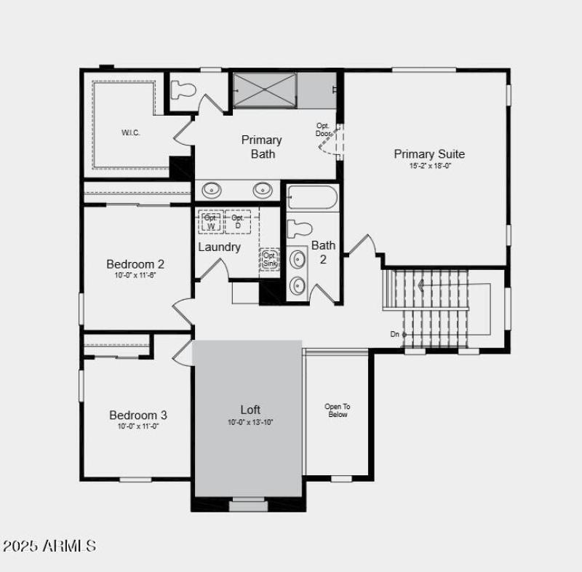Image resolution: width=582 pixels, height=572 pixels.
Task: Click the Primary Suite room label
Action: point(428,154)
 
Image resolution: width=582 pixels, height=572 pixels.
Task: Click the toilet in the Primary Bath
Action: point(183,90)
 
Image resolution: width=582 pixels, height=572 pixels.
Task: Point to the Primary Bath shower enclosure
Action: point(264,90)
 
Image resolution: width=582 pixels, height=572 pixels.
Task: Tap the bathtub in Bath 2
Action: point(312,198)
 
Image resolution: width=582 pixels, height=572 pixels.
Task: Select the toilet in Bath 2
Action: point(299,229)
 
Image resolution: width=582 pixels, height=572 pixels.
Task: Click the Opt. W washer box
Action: point(211,222)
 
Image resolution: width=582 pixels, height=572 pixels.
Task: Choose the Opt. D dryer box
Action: point(238,221)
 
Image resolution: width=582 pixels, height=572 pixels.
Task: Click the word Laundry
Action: point(219,247)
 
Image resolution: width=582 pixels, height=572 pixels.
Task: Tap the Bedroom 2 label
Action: point(135,263)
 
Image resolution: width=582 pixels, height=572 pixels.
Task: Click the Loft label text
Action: point(250,410)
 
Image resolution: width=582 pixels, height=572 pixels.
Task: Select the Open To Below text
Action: point(337,410)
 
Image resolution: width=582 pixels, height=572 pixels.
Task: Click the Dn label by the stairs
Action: point(394,334)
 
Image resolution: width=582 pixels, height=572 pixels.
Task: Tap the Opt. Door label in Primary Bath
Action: point(323,130)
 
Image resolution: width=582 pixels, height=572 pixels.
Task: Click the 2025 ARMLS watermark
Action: point(49,545)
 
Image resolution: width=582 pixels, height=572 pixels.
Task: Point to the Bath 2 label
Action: point(324,252)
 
